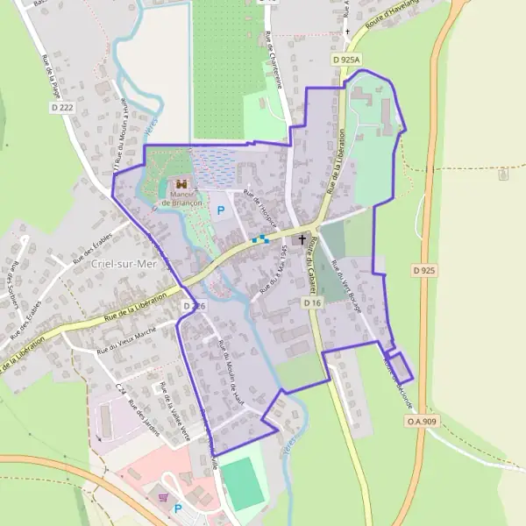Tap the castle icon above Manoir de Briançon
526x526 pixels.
click(182, 183)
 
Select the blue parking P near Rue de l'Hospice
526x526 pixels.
click(221, 210)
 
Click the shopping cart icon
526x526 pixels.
click(162, 497)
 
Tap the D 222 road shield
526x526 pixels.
click(60, 108)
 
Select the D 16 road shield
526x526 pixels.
click(313, 302)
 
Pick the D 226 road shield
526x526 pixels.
click(194, 306)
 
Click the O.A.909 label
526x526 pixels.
click(421, 422)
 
